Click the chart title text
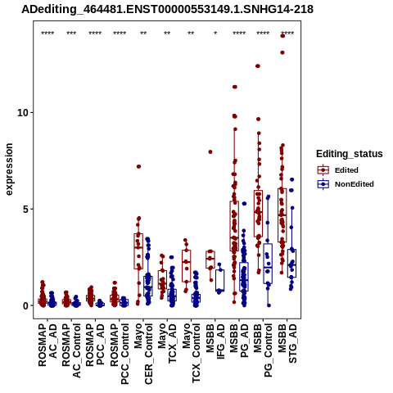[167, 9]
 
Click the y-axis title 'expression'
[9, 169]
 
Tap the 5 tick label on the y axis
[26, 210]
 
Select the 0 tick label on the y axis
[26, 306]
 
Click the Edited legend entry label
[346, 170]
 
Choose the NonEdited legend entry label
[355, 184]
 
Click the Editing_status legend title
[350, 154]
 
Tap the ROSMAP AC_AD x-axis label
[47, 345]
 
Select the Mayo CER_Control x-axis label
[143, 354]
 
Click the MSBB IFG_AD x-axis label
[215, 341]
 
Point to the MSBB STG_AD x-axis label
[287, 343]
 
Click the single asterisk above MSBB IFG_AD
[215, 34]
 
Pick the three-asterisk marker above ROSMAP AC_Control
[71, 34]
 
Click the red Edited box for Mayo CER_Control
[138, 251]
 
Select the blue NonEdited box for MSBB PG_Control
[268, 264]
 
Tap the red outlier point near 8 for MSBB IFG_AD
[210, 152]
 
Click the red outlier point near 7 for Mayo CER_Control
[138, 166]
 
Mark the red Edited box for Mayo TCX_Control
[187, 266]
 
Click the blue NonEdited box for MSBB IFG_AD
[219, 280]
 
